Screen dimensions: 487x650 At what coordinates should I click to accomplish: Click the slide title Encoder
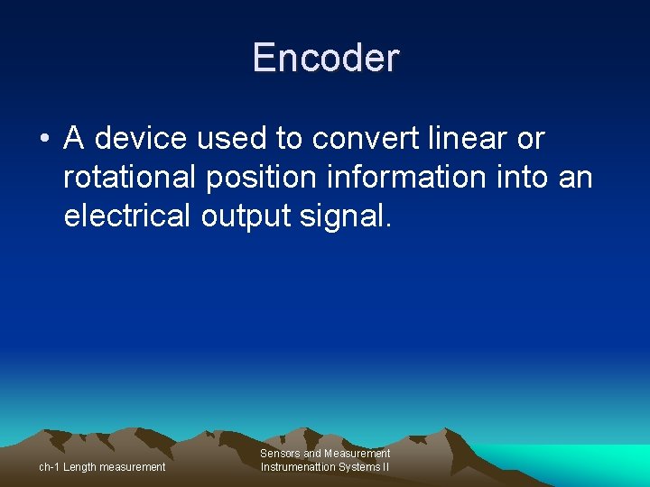coord(325,58)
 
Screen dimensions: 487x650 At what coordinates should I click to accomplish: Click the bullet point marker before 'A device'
coord(43,140)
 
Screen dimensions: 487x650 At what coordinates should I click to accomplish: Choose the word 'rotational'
coord(129,178)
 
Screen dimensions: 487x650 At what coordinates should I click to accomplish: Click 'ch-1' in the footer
coord(49,467)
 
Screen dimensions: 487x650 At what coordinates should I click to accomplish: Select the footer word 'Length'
coord(80,467)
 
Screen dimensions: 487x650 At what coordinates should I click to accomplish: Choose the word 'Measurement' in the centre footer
coord(357,454)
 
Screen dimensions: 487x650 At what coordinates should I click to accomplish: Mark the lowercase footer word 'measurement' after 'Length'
coord(133,467)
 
